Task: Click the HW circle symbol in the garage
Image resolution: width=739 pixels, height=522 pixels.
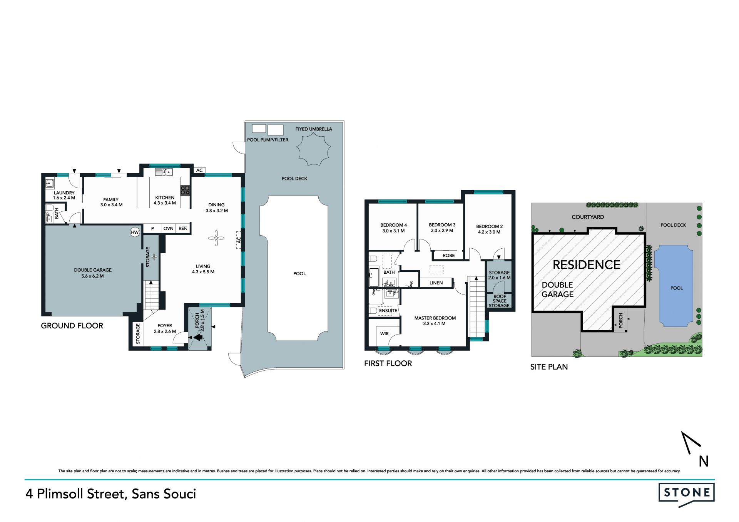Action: click(135, 232)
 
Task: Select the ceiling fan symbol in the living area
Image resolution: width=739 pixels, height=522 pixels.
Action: click(216, 238)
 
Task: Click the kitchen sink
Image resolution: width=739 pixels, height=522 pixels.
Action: click(164, 172)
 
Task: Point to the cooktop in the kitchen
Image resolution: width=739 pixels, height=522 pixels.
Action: click(185, 190)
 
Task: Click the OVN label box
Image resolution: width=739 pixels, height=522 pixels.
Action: click(169, 228)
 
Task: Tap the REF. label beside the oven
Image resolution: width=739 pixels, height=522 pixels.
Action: click(183, 228)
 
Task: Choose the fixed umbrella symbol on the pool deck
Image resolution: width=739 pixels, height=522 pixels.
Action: click(314, 149)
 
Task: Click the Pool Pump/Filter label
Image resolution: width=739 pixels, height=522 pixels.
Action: click(268, 140)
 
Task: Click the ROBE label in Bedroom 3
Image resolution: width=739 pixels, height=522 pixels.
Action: click(449, 255)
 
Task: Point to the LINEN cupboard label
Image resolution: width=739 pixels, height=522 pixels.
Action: click(436, 283)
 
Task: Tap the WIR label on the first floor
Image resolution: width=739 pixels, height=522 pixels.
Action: click(385, 334)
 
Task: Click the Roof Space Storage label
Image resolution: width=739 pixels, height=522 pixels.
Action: click(499, 301)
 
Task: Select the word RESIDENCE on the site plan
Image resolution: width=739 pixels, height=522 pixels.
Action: click(587, 265)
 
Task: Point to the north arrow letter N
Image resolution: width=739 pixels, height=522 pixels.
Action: click(704, 461)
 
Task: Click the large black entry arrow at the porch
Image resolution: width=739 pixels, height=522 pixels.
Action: click(198, 338)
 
